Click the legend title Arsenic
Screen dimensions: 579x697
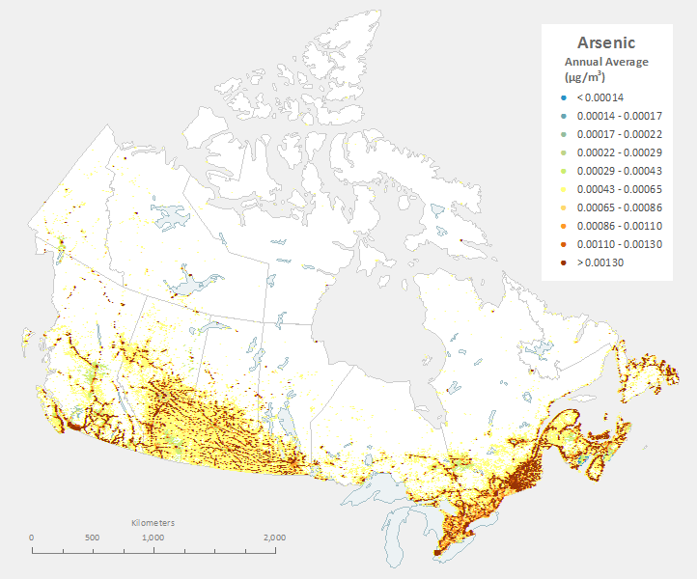coord(606,42)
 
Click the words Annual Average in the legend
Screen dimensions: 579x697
coord(606,62)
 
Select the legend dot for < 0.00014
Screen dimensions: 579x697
coord(561,97)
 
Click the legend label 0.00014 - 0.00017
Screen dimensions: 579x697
coord(618,116)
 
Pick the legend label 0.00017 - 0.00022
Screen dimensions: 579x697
coord(618,134)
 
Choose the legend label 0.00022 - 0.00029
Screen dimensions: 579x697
coord(618,152)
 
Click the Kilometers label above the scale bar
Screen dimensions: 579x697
coord(153,522)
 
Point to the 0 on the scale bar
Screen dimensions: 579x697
coord(32,538)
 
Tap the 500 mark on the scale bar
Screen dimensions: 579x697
coord(93,538)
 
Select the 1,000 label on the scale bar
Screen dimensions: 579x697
coord(153,538)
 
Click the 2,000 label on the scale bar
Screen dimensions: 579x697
coord(274,538)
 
